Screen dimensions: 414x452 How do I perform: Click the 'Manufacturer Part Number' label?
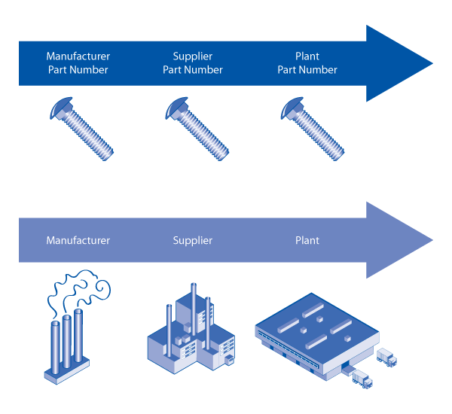tap(78, 63)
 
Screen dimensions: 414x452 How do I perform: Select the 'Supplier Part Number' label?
tap(193, 63)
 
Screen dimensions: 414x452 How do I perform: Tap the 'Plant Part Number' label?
tap(307, 63)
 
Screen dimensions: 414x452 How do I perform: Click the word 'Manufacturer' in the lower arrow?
tap(78, 241)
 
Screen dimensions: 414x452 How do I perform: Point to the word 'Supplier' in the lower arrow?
tap(193, 241)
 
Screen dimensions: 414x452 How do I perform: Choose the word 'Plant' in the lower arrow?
tap(307, 241)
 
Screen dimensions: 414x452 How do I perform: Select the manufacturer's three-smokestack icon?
tap(67, 342)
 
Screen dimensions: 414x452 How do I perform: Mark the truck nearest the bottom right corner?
tap(362, 380)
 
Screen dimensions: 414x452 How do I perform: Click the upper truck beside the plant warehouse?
tap(386, 358)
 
